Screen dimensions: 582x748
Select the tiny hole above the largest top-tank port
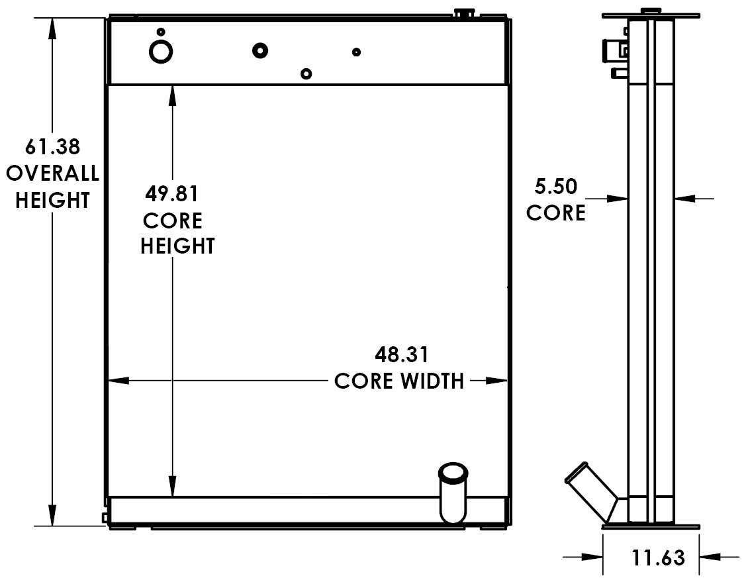(x=160, y=32)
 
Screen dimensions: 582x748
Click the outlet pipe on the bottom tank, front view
(x=453, y=493)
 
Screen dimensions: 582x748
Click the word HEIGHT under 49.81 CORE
(x=177, y=246)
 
